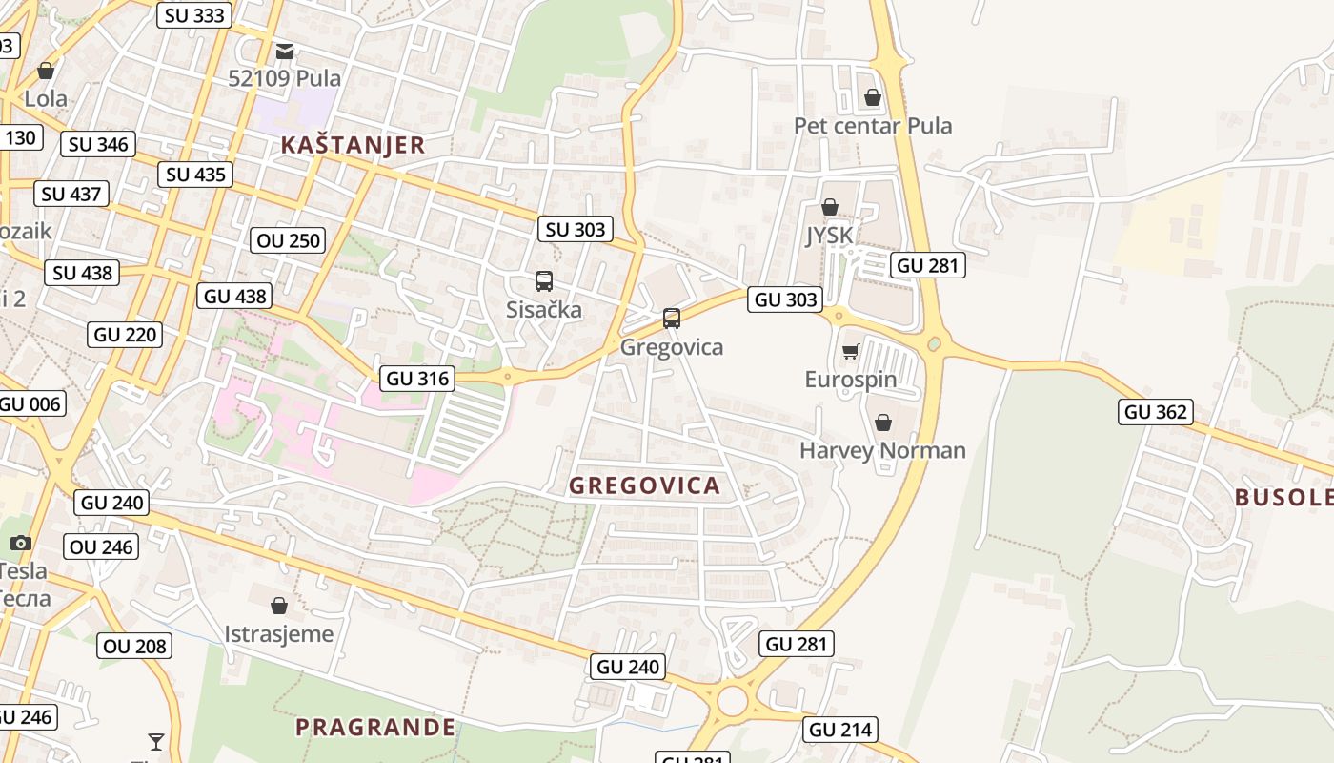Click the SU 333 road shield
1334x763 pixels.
[194, 15]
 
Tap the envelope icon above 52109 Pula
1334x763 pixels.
[285, 51]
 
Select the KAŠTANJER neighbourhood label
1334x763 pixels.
[353, 145]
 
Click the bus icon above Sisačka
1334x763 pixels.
[544, 281]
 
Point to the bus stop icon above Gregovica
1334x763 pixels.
[672, 319]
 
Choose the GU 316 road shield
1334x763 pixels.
[417, 379]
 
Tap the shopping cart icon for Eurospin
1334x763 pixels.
[851, 351]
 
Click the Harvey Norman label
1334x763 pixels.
[882, 450]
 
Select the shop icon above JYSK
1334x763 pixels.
[830, 207]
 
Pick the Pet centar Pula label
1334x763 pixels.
[873, 126]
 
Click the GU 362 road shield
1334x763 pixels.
[1155, 412]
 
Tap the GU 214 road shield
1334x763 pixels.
[839, 731]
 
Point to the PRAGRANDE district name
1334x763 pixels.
[375, 728]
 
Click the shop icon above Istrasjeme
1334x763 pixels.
[279, 606]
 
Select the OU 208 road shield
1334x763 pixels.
[135, 646]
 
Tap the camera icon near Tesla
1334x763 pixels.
[20, 543]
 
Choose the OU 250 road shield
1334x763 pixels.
[290, 240]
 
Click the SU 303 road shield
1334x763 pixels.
[576, 229]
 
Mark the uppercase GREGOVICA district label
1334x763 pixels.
[644, 486]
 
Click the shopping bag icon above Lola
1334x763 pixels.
[46, 71]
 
